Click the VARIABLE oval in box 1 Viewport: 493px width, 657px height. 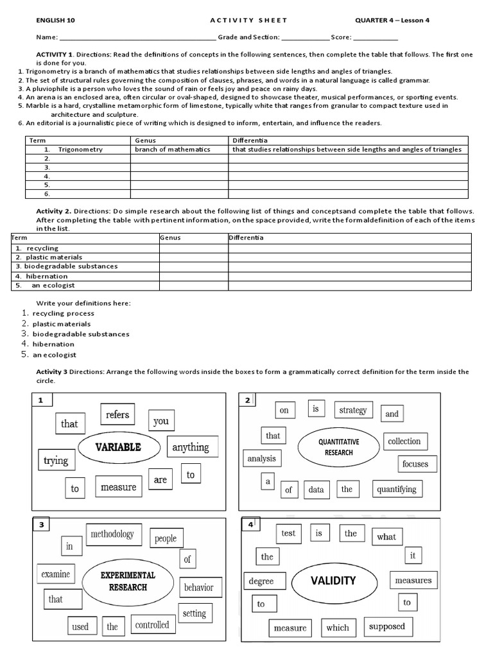[x=118, y=447]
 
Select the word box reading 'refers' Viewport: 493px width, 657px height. [x=117, y=415]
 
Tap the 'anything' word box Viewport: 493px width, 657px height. [x=191, y=447]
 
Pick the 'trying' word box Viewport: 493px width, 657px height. [x=56, y=460]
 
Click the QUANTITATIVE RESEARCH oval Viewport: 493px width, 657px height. [x=338, y=447]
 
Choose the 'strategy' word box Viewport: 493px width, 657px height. [x=352, y=411]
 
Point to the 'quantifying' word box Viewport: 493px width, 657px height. [x=397, y=489]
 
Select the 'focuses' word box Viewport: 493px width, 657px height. [x=415, y=464]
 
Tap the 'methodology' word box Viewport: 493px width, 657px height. [x=112, y=534]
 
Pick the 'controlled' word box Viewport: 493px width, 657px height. [x=152, y=624]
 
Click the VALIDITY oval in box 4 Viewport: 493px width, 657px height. [x=333, y=581]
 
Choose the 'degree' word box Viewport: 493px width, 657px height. [x=261, y=581]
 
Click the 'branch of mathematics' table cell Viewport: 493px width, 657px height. [x=173, y=149]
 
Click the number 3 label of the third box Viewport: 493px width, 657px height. [x=41, y=525]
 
